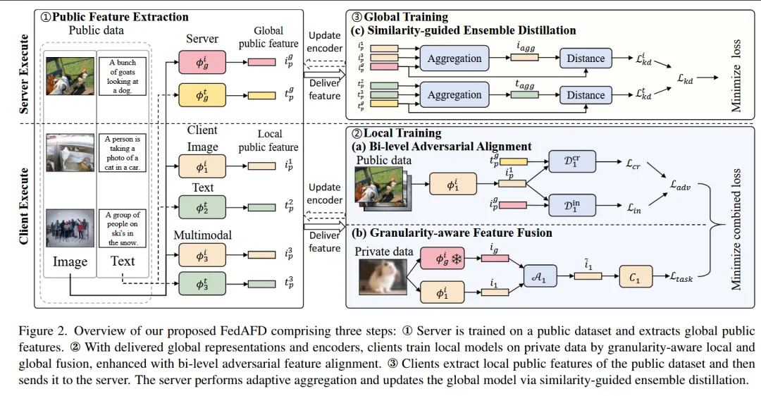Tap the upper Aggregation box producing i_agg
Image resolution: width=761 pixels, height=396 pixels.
coord(454,58)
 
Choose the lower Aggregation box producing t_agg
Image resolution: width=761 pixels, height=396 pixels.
coord(454,95)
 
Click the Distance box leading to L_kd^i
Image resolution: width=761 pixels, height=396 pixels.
coord(586,58)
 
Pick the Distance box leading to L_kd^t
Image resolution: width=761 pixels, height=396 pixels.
coord(586,95)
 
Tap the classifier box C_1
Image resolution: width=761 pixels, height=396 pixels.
coord(634,276)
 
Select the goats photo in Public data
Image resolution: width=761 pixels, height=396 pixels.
coord(70,75)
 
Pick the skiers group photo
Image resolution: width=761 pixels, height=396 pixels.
coord(70,227)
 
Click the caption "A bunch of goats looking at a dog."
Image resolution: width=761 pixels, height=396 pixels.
coord(123,76)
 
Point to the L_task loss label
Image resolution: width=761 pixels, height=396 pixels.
coord(679,278)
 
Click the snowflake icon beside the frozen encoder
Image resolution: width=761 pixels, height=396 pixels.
coord(456,259)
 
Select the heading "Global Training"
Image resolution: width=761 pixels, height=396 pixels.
coord(404,17)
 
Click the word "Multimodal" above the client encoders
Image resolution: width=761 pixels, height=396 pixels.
coord(203,235)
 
